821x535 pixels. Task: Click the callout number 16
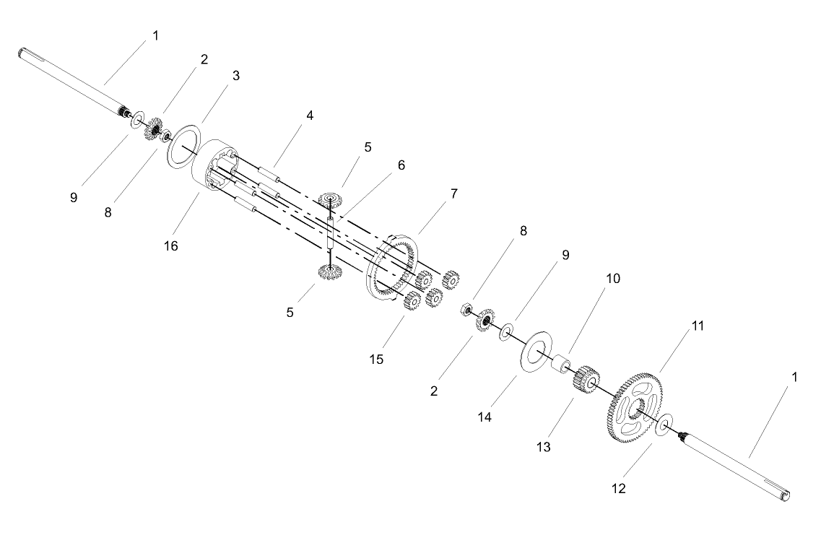point(171,245)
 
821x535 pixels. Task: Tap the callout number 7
point(453,193)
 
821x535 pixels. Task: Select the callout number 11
point(698,326)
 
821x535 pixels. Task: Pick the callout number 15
point(376,359)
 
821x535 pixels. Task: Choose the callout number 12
point(618,488)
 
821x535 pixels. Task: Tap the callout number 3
point(235,75)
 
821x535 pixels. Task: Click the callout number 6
point(401,165)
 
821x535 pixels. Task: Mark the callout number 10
point(612,279)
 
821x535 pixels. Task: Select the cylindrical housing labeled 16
point(216,163)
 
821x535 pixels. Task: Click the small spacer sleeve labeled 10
point(561,364)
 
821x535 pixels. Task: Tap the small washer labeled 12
point(664,425)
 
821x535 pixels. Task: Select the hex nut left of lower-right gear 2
point(465,310)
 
